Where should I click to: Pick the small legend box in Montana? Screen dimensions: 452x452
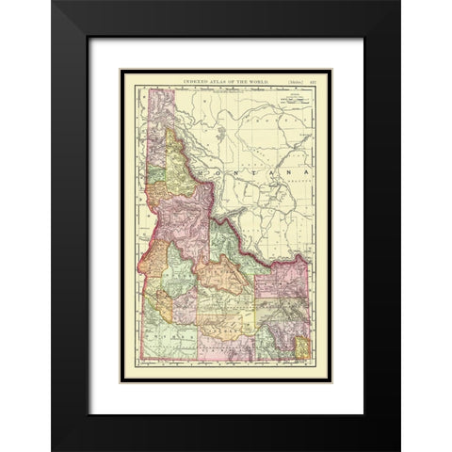click(297, 95)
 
